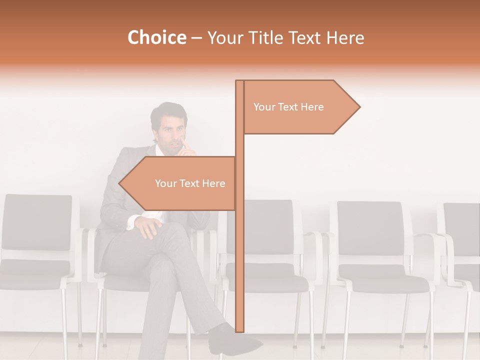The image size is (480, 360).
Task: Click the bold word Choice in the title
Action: (156, 38)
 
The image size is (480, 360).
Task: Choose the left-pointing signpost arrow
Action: (177, 183)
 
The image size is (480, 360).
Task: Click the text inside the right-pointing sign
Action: (288, 107)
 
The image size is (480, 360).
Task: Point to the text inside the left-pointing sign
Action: (190, 183)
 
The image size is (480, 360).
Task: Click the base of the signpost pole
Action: (239, 327)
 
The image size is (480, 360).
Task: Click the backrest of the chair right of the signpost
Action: (370, 227)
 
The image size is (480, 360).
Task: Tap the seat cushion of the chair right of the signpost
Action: (383, 282)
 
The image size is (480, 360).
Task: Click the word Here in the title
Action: (345, 38)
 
